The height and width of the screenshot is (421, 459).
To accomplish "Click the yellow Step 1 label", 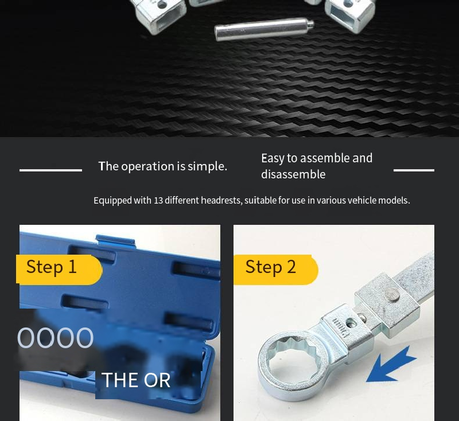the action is [x=59, y=270].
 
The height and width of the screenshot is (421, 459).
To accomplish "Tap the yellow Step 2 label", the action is [x=276, y=270].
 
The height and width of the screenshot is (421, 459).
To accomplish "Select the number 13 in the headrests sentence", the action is [x=158, y=200].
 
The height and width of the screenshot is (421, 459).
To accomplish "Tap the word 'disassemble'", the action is [x=293, y=174].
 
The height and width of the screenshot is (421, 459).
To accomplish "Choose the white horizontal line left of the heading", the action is [x=50, y=170].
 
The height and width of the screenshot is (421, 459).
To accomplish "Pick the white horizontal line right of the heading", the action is [x=414, y=170].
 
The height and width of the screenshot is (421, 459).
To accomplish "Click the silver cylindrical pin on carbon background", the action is [x=264, y=29].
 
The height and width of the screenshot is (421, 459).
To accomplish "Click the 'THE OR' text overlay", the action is [x=136, y=380].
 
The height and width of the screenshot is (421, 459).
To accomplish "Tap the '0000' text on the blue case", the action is [x=55, y=338].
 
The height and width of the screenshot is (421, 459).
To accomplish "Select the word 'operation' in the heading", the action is [x=148, y=166].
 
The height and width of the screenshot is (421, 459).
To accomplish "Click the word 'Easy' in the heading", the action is [x=273, y=158].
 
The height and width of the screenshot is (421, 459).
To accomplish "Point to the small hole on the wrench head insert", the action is [x=351, y=323].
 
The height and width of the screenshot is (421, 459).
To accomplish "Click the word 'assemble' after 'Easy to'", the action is [x=325, y=158].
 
